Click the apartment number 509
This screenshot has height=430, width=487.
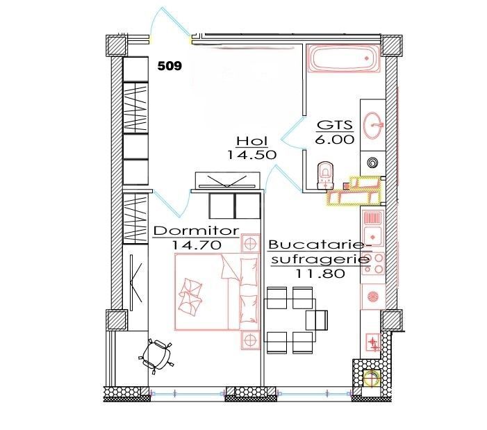tap(170, 67)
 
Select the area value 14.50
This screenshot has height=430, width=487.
tap(251, 156)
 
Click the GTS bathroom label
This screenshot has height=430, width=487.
tap(336, 126)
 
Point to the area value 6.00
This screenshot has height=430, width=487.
tap(336, 139)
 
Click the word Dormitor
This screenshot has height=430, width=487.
tap(196, 231)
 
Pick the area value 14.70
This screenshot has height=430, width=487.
tap(196, 245)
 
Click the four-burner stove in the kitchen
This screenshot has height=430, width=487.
tap(373, 264)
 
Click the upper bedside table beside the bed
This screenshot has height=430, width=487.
tap(249, 243)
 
